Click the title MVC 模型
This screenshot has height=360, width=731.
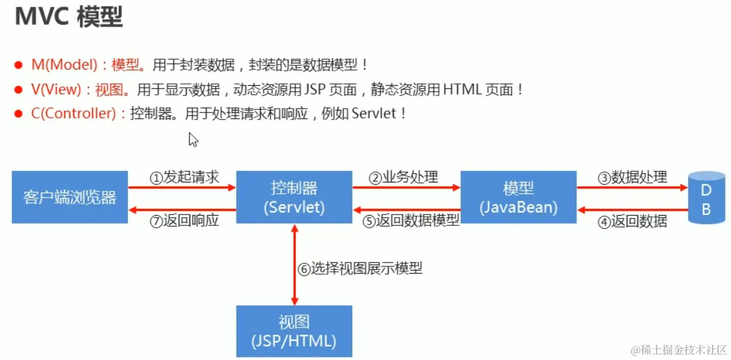pos(69,17)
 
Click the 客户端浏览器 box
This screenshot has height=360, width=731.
pos(70,198)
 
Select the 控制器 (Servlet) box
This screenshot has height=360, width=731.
pos(294,198)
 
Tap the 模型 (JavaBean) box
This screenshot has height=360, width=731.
pos(518,198)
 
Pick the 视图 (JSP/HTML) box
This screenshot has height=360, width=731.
pos(294,331)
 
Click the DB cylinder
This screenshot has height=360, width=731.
pos(706,198)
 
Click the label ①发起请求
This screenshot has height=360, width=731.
pos(184,178)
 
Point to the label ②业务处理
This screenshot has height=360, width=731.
pos(404,178)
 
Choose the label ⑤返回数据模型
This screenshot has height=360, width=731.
pos(411,222)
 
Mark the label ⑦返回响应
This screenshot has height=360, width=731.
pos(184,222)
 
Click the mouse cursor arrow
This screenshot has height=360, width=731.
pos(193,140)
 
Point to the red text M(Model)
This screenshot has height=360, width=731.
pos(64,65)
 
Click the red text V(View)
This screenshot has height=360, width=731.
pos(56,90)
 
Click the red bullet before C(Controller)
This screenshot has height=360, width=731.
pos(19,114)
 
